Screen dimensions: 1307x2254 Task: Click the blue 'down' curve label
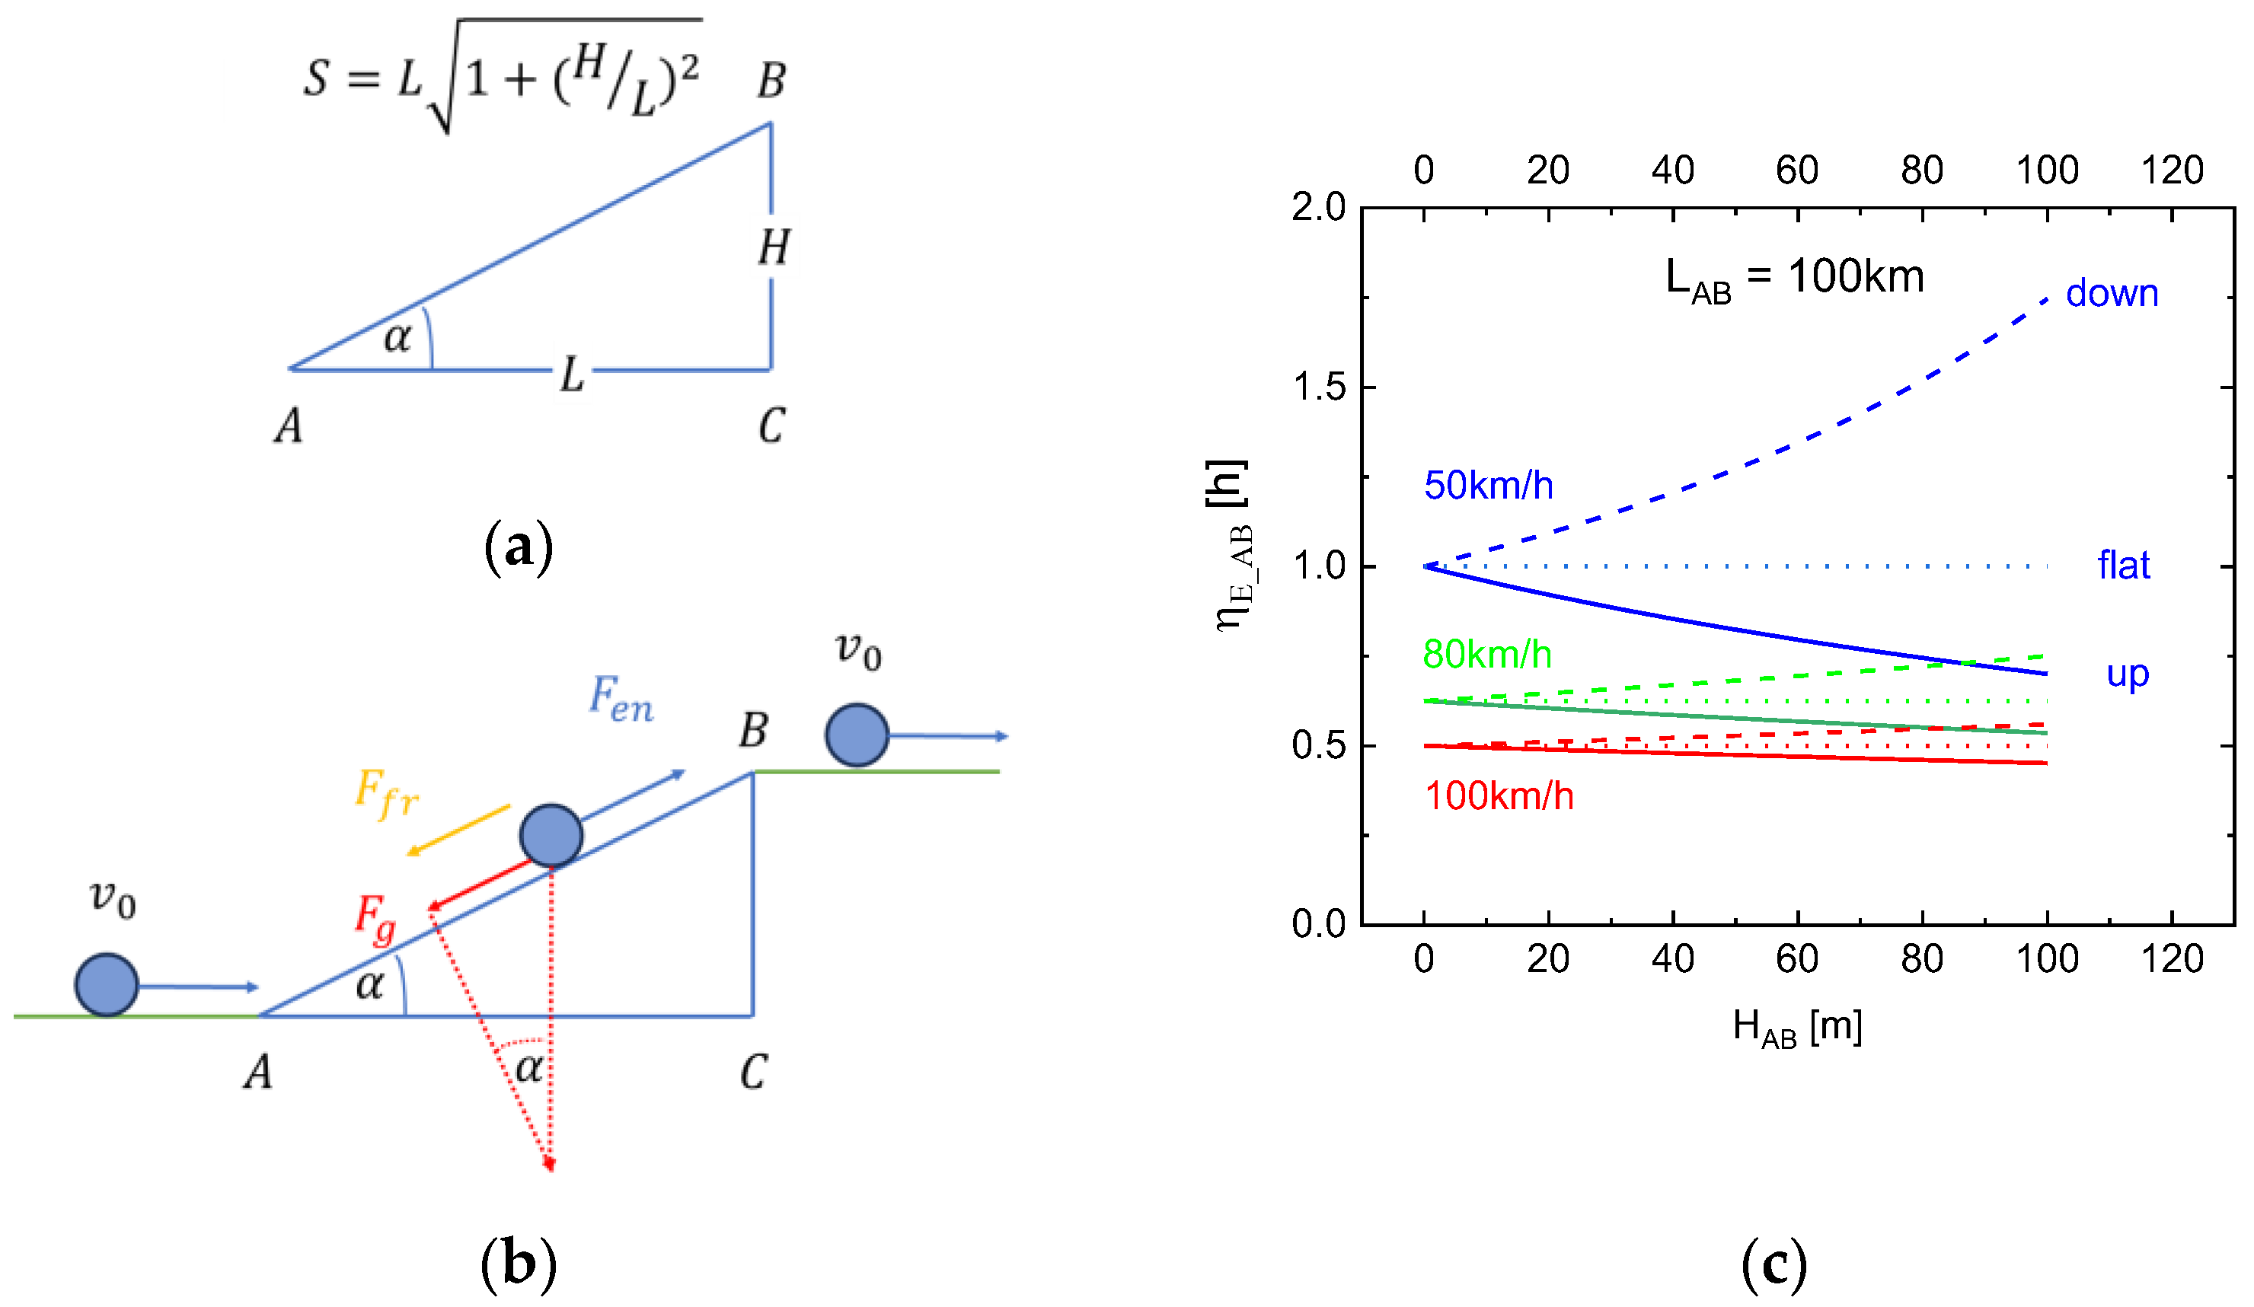tap(2111, 294)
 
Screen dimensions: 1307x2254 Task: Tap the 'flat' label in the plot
tap(2124, 566)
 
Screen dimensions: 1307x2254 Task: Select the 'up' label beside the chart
tap(2127, 674)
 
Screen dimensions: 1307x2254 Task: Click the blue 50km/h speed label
tap(1489, 486)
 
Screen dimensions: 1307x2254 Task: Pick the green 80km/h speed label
tap(1486, 655)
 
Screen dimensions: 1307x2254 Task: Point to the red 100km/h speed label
tap(1499, 796)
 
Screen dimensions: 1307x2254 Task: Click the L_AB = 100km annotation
tap(1794, 278)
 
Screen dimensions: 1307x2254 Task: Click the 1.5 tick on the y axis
tap(1318, 387)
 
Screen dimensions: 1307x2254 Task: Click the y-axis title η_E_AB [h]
tap(1233, 545)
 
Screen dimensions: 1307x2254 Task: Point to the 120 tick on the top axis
tap(2172, 170)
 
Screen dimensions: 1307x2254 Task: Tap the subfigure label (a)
tap(518, 547)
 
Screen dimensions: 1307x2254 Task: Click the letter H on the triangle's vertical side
tap(774, 247)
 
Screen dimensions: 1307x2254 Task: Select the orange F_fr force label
tap(385, 793)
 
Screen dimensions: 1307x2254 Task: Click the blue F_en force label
tap(621, 698)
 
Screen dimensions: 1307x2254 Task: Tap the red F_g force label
tap(375, 918)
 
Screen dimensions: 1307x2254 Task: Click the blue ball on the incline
tap(551, 835)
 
